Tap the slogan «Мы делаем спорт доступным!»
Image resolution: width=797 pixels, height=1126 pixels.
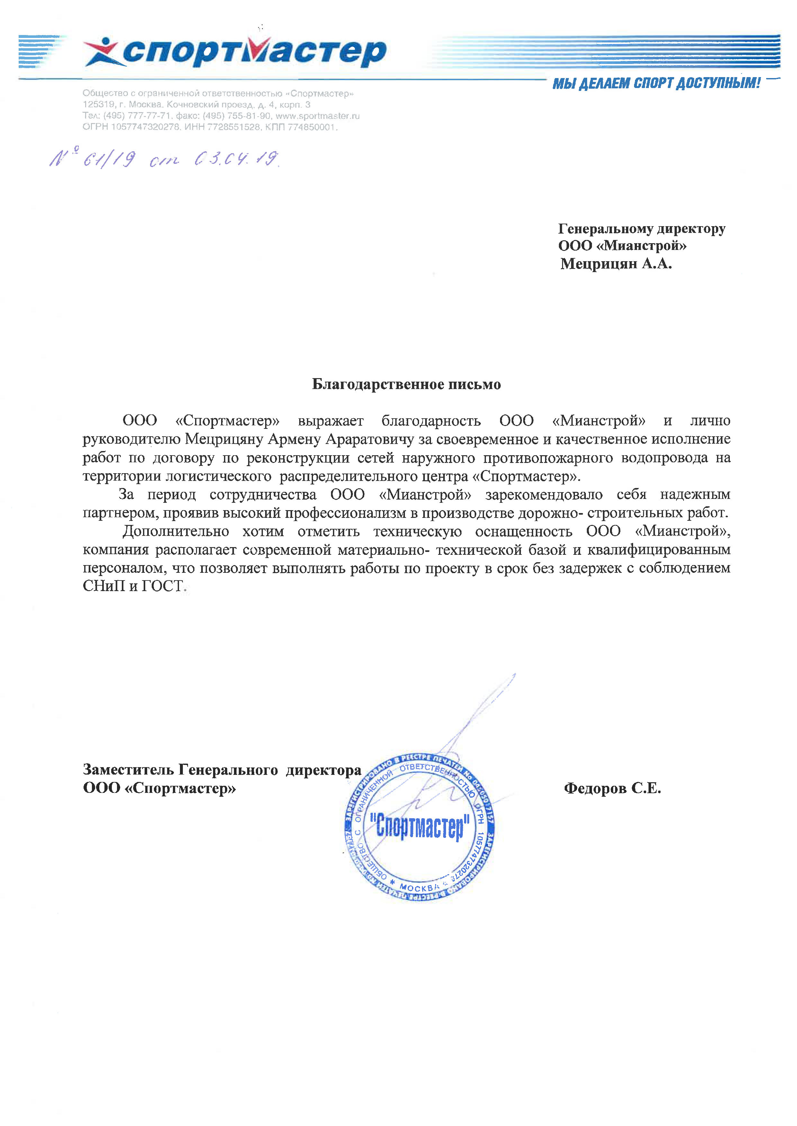click(656, 84)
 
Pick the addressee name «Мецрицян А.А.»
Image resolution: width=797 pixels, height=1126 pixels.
click(616, 264)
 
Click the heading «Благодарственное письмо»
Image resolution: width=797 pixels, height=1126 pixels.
click(406, 384)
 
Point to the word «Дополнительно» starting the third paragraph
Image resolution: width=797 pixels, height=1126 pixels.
click(176, 531)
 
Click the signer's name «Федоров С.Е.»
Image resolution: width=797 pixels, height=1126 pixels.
click(613, 788)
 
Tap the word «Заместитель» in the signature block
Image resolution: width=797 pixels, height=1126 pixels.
click(128, 770)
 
